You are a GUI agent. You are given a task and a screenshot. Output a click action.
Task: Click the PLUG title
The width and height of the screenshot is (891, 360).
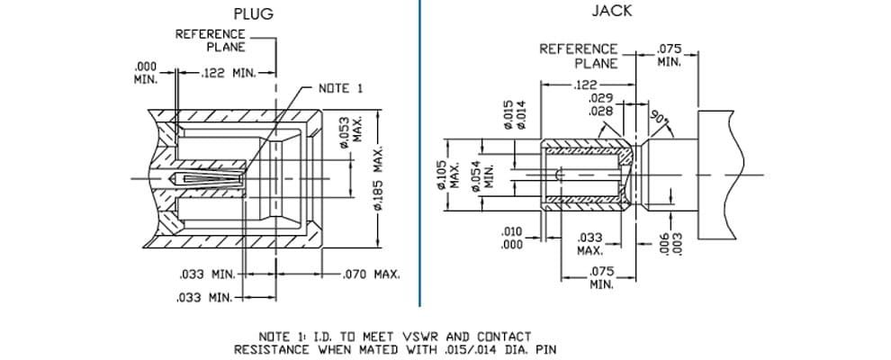253,13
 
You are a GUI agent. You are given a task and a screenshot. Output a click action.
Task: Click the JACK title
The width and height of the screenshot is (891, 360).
611,11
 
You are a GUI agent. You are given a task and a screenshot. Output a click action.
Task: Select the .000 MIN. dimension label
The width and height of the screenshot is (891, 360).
146,72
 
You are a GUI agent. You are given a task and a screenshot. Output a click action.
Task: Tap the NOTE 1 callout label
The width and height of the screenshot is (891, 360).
340,88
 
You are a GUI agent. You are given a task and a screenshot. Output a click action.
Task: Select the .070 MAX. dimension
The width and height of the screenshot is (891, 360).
373,274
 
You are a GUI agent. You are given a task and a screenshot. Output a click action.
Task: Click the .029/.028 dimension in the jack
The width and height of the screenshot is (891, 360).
600,103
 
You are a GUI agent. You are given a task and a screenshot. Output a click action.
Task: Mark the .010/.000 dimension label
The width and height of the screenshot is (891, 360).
511,238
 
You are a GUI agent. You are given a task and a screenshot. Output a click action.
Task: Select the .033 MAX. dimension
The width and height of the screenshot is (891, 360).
589,244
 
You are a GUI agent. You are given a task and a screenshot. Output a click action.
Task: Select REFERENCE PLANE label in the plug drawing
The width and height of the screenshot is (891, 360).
210,40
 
